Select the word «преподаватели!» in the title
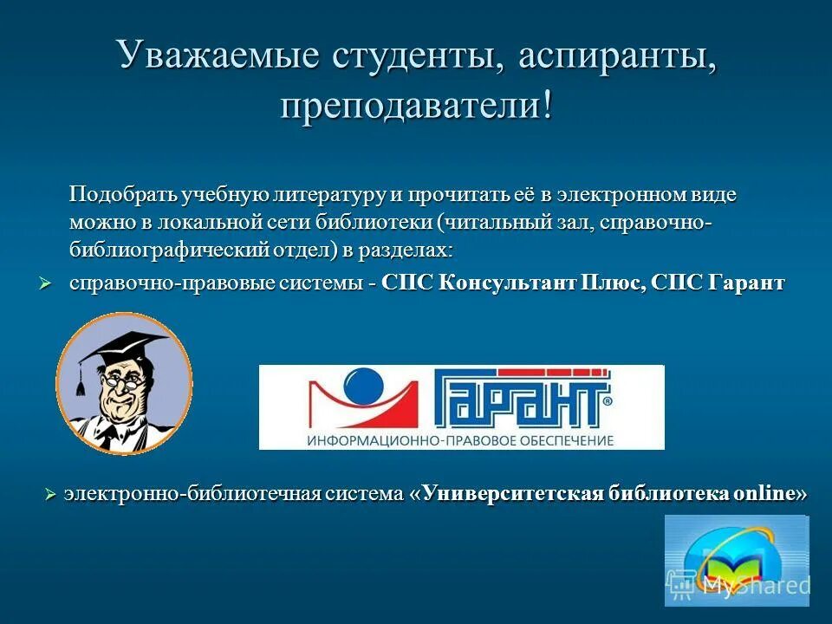[415, 106]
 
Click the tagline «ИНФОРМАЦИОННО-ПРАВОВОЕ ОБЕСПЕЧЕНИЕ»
[459, 439]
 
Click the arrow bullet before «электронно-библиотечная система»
[50, 494]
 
